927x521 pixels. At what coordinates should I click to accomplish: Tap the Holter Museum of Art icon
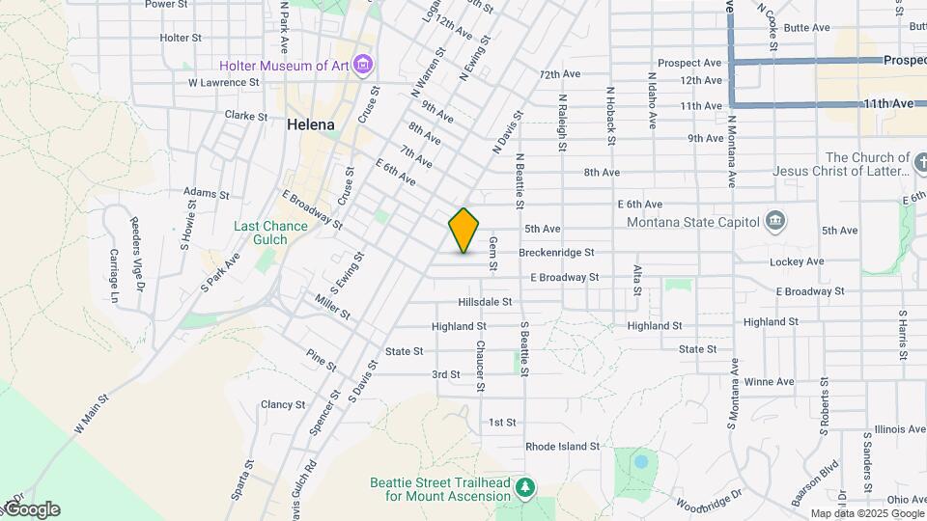pos(363,66)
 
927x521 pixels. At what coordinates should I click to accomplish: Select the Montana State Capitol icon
pos(774,221)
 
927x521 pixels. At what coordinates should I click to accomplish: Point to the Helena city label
pos(311,125)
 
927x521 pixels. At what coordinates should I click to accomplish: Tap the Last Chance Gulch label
pos(270,233)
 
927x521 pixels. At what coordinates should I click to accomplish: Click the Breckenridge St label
pos(555,253)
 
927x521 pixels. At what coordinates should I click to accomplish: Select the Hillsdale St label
pos(485,302)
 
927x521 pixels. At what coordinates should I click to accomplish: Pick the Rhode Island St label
pos(562,447)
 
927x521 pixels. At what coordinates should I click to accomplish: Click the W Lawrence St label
pos(224,83)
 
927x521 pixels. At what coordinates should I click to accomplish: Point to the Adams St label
pos(205,194)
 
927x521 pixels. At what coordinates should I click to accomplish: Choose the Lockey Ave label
pos(797,261)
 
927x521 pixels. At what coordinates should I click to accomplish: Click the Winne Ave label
pos(769,381)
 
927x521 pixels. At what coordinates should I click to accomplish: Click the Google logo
pos(31,509)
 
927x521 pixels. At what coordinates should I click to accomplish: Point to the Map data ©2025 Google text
pos(866,514)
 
